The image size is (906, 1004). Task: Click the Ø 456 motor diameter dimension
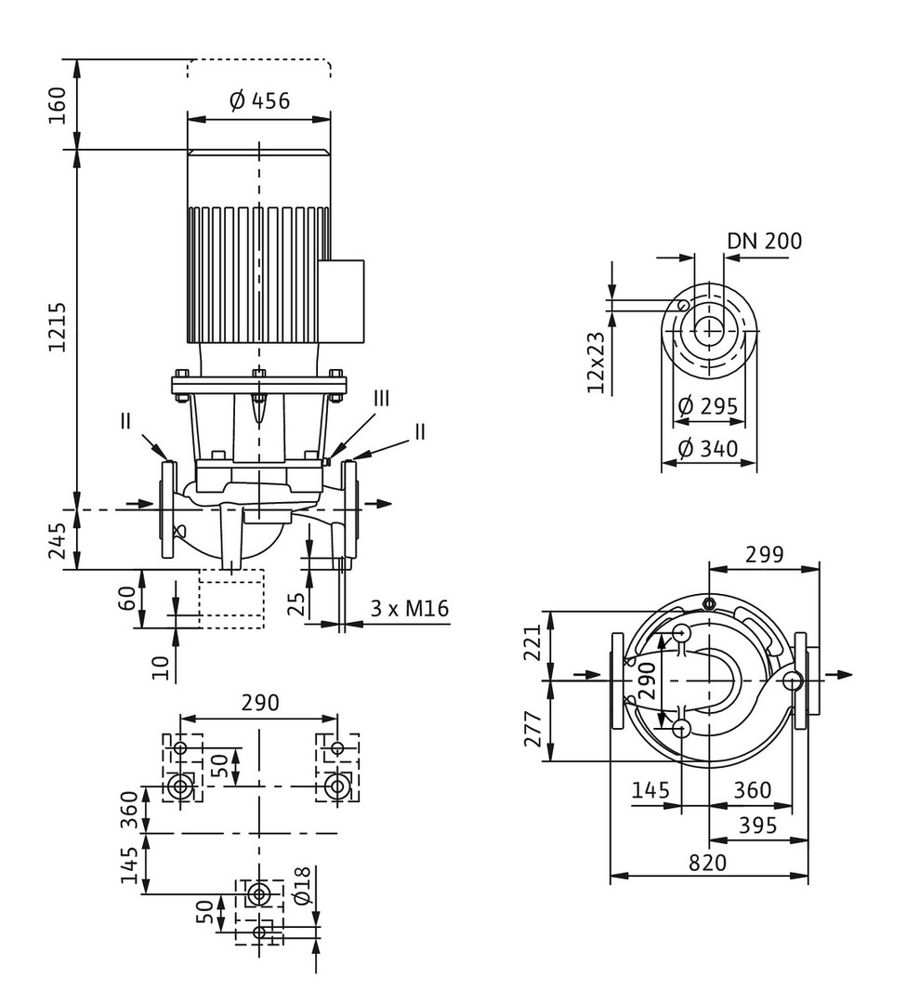259,100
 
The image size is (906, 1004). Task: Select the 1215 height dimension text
59,325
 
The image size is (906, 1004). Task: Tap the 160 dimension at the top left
59,105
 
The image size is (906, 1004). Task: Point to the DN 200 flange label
764,242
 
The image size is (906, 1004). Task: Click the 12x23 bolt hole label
597,362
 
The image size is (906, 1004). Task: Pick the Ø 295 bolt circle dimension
707,406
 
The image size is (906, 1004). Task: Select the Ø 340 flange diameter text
707,449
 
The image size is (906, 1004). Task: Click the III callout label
382,398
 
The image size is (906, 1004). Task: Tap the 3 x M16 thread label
410,610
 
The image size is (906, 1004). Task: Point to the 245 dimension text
59,540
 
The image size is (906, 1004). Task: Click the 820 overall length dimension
708,863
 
